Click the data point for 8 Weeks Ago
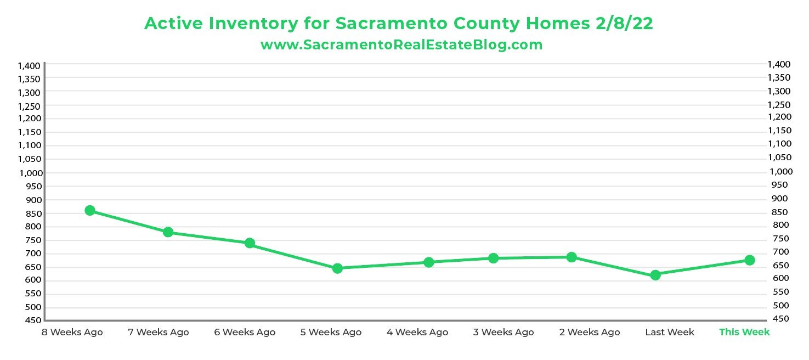(90, 211)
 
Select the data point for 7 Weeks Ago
(168, 232)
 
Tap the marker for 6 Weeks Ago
(250, 243)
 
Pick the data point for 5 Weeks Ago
(337, 268)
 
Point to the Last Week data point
(655, 275)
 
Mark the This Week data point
(750, 260)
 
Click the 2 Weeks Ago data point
(572, 257)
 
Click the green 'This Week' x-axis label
(744, 332)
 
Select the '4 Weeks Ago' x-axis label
(417, 332)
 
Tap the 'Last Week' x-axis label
(669, 332)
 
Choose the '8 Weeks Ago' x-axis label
(72, 332)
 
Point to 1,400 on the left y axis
(29, 66)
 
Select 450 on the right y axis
(778, 319)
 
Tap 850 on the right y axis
(778, 212)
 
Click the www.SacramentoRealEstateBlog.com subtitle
(401, 45)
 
